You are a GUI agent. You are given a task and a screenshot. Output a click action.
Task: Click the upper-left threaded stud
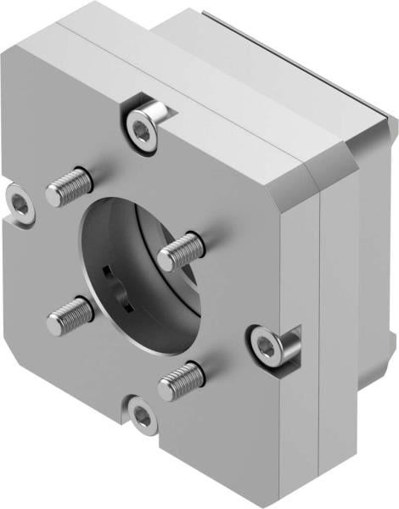tap(69, 187)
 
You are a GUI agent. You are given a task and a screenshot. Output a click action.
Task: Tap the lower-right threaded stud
tap(180, 380)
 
